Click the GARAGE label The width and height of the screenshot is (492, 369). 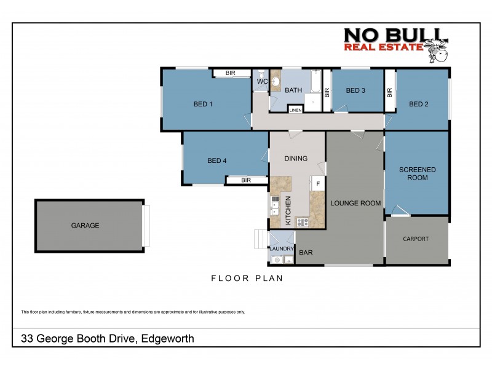(x=85, y=226)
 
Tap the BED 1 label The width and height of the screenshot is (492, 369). (x=203, y=104)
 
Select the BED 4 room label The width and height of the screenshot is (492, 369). (x=217, y=161)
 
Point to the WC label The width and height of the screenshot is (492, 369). (x=261, y=81)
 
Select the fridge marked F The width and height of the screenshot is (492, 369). (x=317, y=183)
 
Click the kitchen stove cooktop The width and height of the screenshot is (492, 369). (x=302, y=222)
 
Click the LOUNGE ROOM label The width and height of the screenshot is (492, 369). (x=355, y=203)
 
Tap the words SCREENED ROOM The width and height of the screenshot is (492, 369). (x=417, y=173)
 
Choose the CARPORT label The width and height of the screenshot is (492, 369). (x=416, y=239)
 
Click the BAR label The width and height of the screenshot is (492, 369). (x=306, y=253)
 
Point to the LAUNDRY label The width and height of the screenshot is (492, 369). (x=282, y=248)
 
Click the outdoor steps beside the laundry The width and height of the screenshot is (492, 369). (x=260, y=239)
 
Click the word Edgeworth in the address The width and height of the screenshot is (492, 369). (x=168, y=338)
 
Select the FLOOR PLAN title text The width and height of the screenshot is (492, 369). (x=247, y=278)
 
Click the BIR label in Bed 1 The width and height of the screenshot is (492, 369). (x=230, y=73)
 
